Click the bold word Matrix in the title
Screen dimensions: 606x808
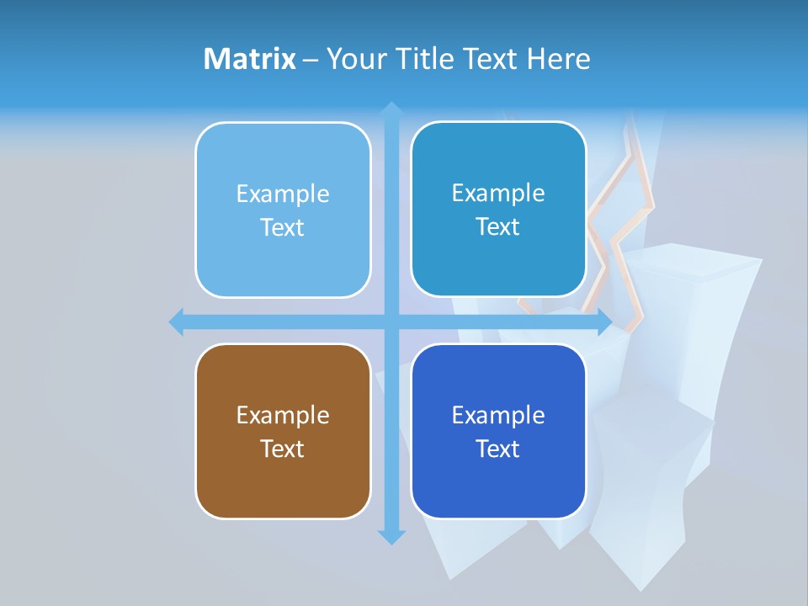coord(249,59)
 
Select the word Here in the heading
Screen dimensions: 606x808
coord(559,59)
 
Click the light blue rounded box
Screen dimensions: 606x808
coord(283,210)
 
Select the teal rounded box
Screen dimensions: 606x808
coord(498,209)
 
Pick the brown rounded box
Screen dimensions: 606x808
coord(283,431)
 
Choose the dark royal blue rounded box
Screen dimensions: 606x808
coord(498,431)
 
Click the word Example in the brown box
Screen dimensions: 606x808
coord(283,415)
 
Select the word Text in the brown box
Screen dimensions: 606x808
coord(283,449)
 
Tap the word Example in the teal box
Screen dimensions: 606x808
coord(498,193)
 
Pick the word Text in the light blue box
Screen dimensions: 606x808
coord(283,227)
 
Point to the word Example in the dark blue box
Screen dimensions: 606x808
coord(498,415)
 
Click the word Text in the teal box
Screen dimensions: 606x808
coord(498,226)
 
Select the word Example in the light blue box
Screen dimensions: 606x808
coord(283,194)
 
